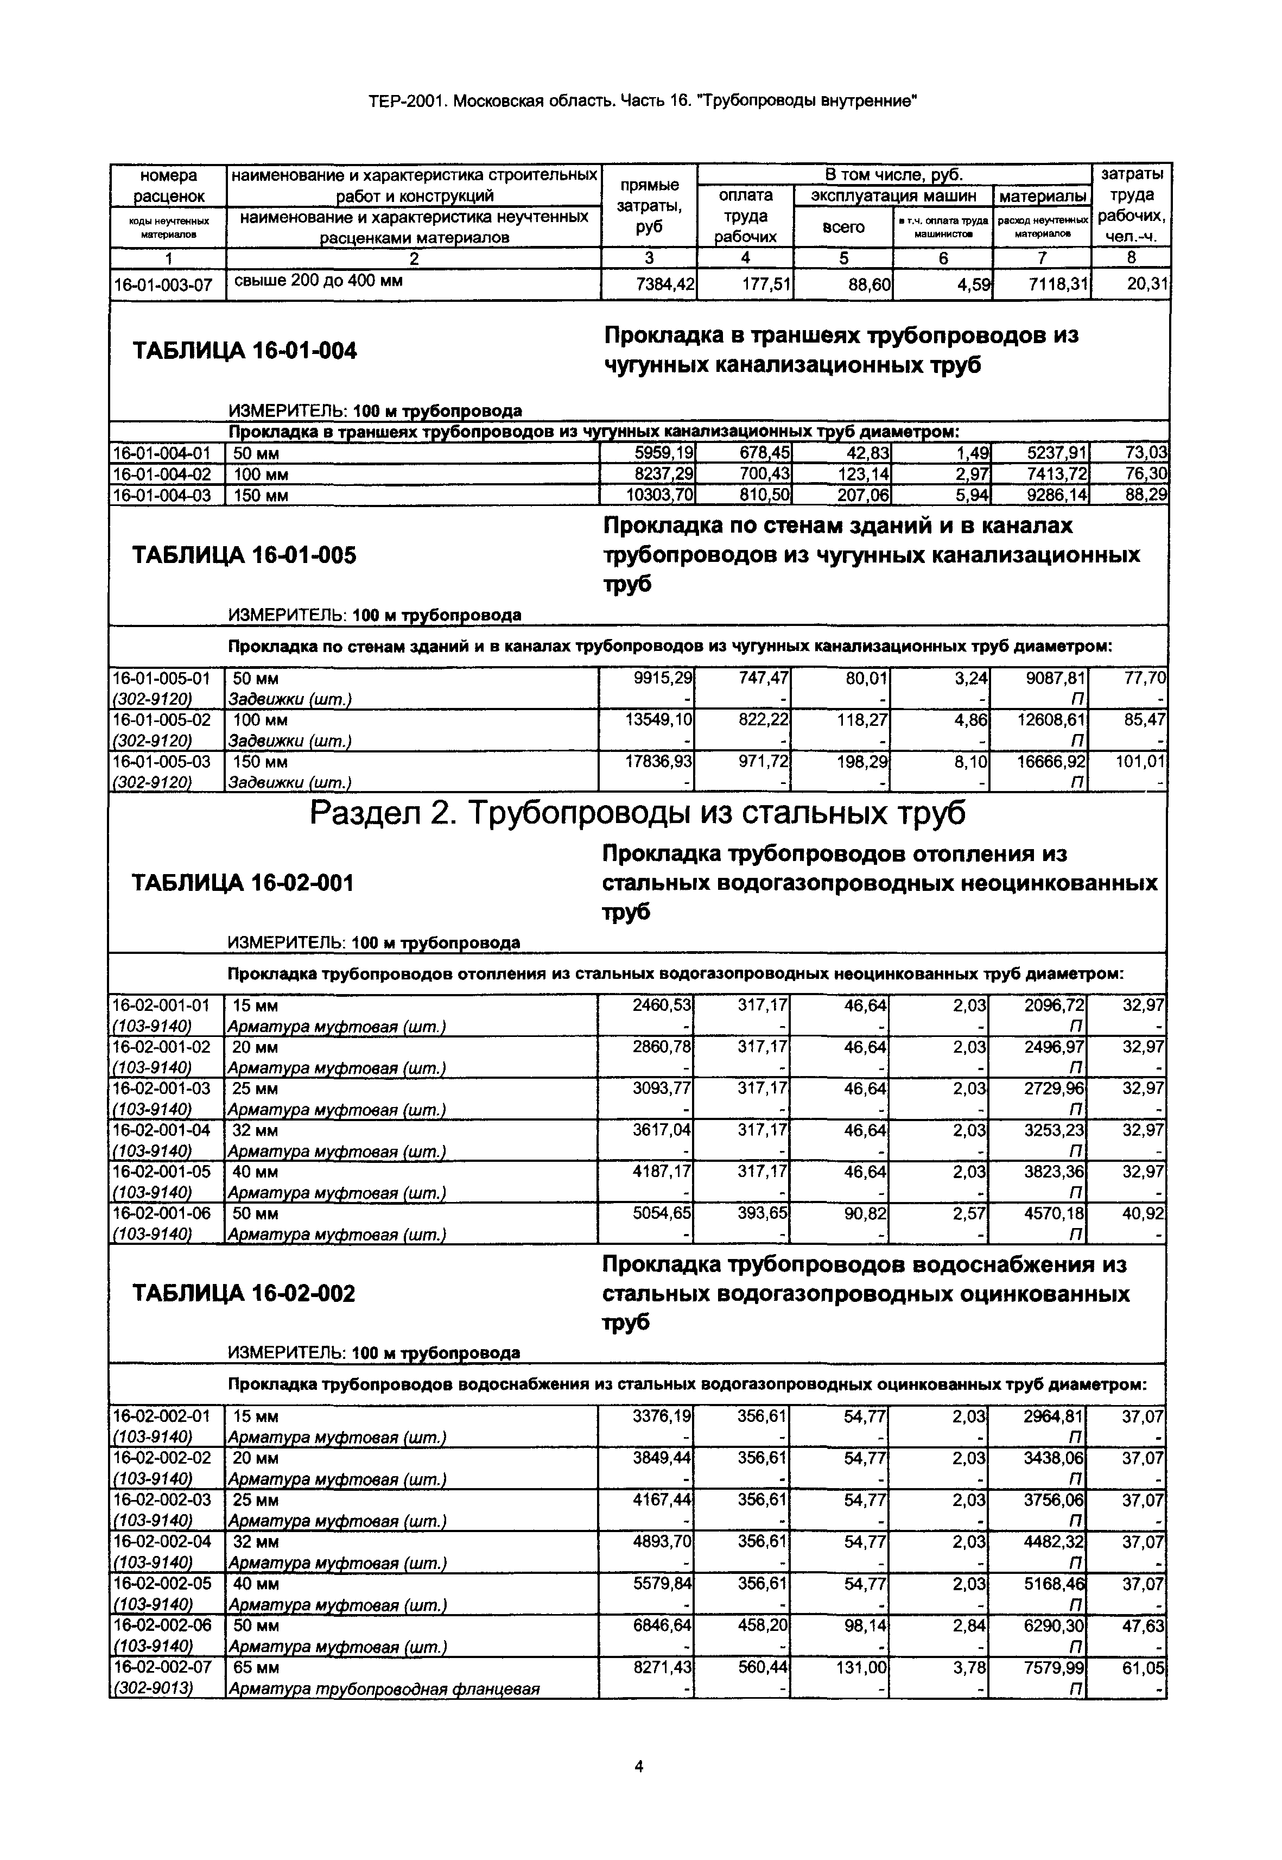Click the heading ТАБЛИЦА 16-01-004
point(244,351)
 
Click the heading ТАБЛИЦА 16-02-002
point(243,1294)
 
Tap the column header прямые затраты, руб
point(649,206)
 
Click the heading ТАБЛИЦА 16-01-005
point(244,555)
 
